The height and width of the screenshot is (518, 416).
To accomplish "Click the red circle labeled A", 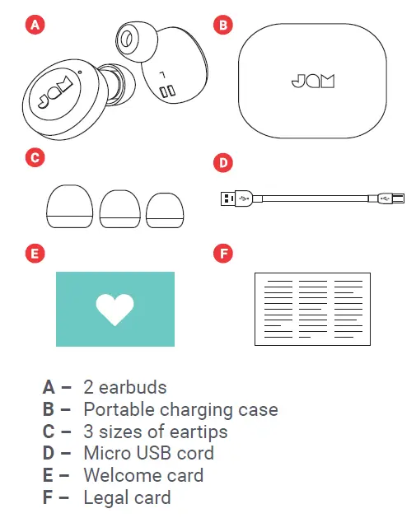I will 35,26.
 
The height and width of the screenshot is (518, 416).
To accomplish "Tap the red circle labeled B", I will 222,26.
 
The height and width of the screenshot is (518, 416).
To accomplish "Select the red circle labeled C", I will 35,156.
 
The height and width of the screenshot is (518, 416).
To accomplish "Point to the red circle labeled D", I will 222,162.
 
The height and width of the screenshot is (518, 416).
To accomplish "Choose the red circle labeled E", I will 35,253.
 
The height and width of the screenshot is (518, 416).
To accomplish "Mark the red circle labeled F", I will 222,253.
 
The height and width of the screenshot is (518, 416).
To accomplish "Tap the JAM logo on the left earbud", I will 53,97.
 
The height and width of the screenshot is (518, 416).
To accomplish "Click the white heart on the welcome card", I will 115,308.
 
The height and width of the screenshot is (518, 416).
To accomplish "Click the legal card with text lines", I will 311,308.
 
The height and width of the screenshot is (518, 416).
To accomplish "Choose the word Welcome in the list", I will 122,475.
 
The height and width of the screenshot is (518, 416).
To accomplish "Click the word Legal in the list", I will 105,497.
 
